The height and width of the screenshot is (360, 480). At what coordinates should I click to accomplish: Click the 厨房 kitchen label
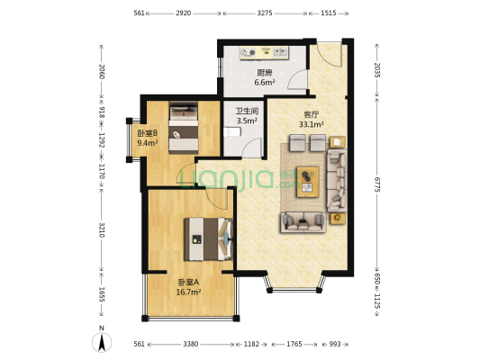pyautogui.click(x=264, y=73)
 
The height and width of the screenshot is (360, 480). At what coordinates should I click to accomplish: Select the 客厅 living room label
pyautogui.click(x=312, y=115)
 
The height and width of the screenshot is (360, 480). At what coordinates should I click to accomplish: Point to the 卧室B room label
pyautogui.click(x=148, y=133)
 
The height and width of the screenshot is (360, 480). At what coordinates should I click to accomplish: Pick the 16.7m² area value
pyautogui.click(x=188, y=292)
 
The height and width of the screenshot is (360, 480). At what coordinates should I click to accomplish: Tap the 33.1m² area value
pyautogui.click(x=312, y=125)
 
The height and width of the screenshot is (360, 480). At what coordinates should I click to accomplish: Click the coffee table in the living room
pyautogui.click(x=309, y=181)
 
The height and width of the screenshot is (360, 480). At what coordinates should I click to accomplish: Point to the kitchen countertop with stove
pyautogui.click(x=264, y=53)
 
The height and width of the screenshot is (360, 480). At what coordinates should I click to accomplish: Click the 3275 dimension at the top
pyautogui.click(x=265, y=13)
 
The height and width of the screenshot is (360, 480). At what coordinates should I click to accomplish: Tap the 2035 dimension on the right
pyautogui.click(x=375, y=70)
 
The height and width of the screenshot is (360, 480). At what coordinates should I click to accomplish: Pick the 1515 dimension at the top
pyautogui.click(x=328, y=13)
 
